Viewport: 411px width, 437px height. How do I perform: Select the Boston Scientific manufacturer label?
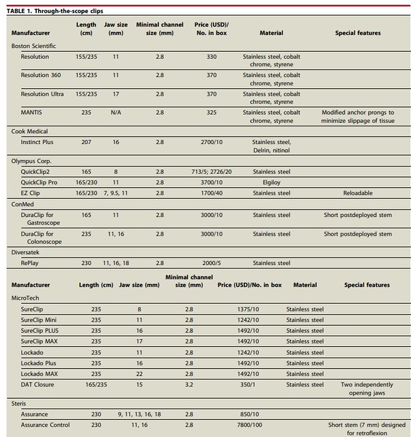34,46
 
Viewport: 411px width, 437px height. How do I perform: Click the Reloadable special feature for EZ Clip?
358,193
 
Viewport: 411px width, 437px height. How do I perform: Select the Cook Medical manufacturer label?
29,131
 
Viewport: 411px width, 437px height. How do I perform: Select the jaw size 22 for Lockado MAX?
139,374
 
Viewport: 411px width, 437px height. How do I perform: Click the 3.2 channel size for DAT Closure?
189,384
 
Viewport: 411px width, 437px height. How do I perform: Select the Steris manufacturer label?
19,404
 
